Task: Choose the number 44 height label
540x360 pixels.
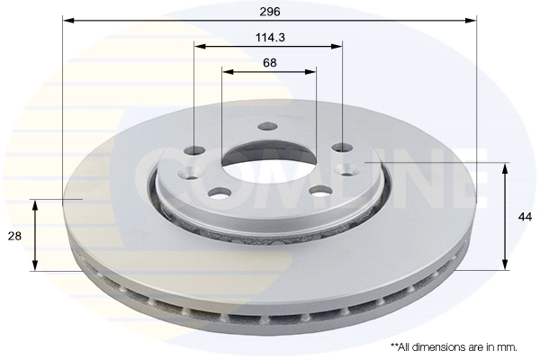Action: [x=525, y=215]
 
